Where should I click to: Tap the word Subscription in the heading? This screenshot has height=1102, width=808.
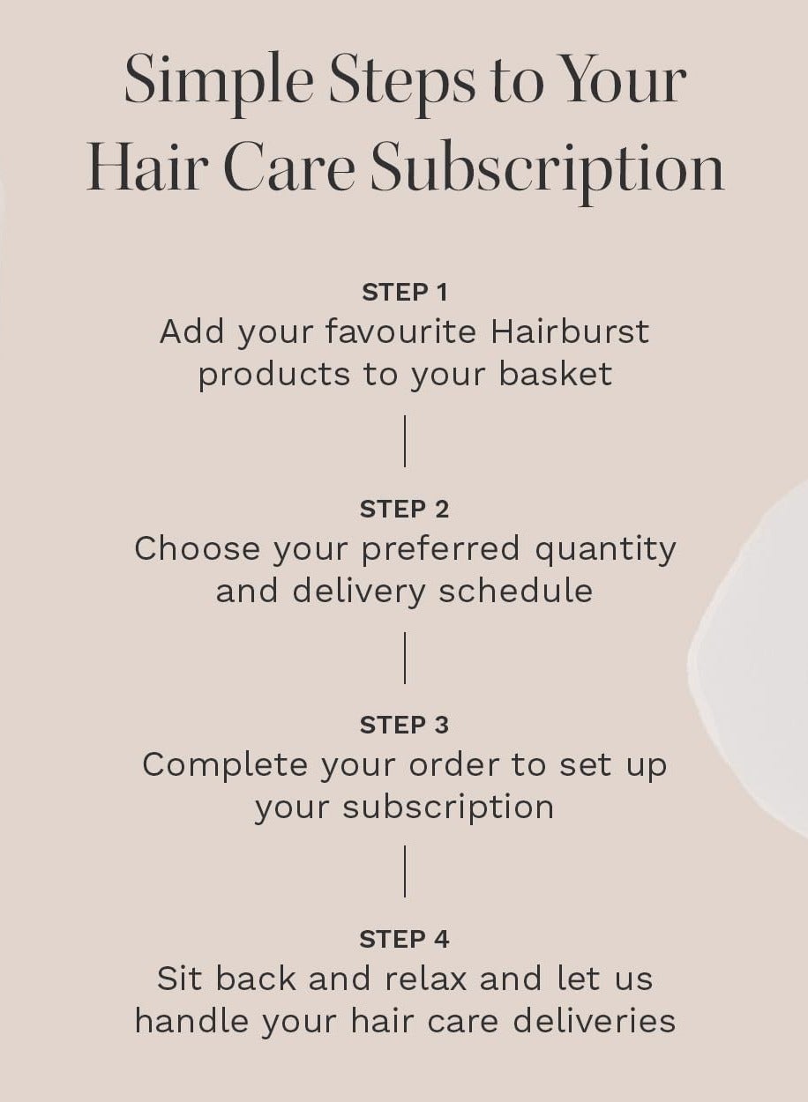click(547, 169)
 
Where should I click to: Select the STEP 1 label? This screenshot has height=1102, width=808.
click(405, 292)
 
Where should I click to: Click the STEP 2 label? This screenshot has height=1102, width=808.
click(405, 509)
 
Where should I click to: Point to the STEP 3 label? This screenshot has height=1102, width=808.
click(405, 725)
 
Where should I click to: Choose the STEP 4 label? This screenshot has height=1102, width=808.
click(405, 940)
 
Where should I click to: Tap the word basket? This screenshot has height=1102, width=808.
click(555, 374)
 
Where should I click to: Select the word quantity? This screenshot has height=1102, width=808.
click(606, 549)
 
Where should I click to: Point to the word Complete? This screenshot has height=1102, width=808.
click(225, 764)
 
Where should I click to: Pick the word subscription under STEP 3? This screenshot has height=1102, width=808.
click(448, 808)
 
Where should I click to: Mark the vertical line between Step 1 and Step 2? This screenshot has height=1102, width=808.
click(405, 441)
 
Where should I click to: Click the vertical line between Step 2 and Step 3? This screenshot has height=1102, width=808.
click(405, 658)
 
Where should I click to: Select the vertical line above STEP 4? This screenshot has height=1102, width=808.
click(405, 871)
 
